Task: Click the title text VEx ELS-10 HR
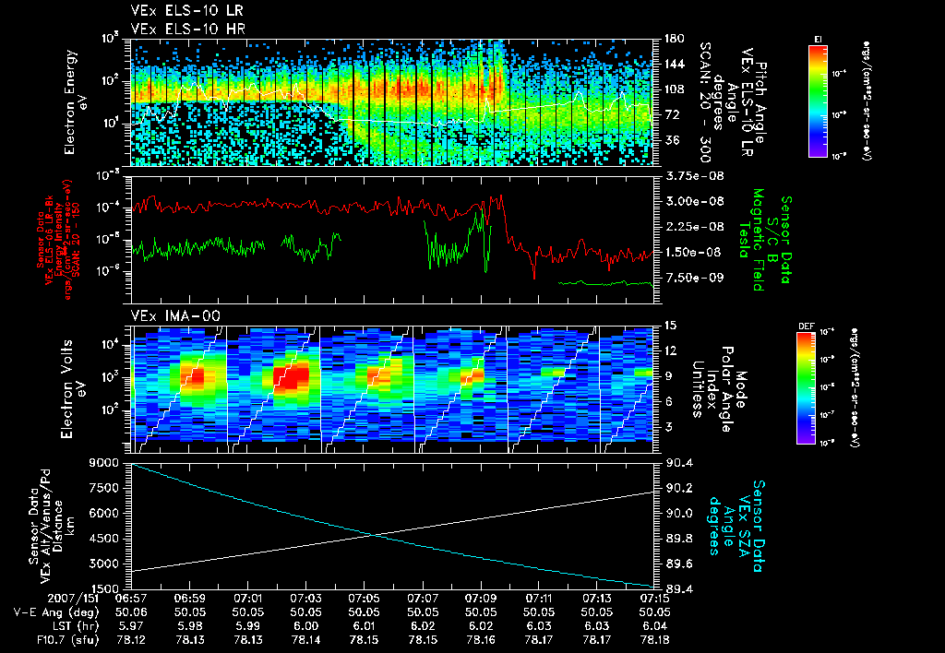coord(174,29)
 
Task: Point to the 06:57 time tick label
coord(133,597)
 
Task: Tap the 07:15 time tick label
coord(653,597)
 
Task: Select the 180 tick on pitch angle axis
coord(671,39)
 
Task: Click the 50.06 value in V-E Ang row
coord(133,611)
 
